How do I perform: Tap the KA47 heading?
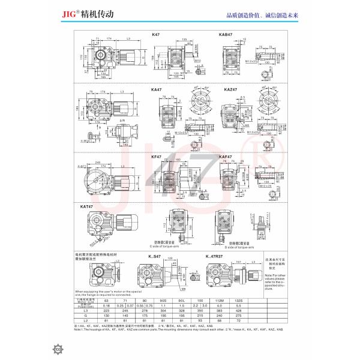click(x=157, y=90)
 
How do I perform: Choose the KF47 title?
click(x=157, y=157)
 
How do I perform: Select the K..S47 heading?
click(x=157, y=256)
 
